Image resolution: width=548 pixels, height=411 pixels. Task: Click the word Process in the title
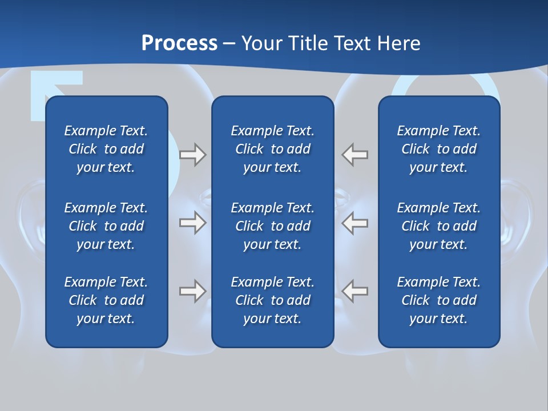[179, 43]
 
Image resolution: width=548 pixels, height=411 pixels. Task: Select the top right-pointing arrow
[192, 155]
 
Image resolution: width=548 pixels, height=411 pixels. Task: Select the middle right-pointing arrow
[192, 223]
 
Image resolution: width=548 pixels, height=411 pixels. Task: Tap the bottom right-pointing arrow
[192, 291]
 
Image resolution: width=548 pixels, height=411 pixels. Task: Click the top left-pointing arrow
[354, 155]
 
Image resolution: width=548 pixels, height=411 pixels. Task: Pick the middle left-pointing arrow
[354, 223]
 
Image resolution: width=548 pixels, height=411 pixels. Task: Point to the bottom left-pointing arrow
[354, 291]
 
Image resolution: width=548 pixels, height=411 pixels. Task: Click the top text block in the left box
[106, 149]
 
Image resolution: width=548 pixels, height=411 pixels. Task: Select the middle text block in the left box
[106, 226]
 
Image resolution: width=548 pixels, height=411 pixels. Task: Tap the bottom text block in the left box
[106, 300]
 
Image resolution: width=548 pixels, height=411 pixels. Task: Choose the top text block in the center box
[272, 149]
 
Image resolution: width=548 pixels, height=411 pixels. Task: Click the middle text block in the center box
[272, 226]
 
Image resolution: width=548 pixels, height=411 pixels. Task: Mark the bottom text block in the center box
[272, 300]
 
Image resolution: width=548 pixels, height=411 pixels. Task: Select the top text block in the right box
[438, 149]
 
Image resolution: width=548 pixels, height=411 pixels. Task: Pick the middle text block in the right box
[438, 226]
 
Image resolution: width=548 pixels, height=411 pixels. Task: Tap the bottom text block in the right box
[438, 300]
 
